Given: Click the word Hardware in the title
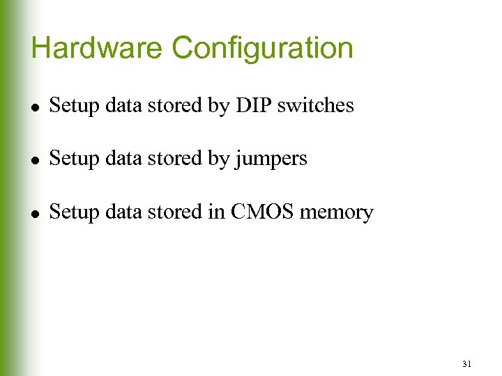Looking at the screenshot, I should [x=98, y=48].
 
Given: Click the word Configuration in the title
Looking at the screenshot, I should [x=263, y=49].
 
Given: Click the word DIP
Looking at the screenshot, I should [x=254, y=106].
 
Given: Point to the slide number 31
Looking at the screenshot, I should [x=466, y=363].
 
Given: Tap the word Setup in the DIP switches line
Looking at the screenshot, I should [x=74, y=107].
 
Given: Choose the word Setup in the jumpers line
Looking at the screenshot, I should [x=74, y=159].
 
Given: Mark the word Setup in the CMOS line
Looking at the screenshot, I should [x=74, y=212].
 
